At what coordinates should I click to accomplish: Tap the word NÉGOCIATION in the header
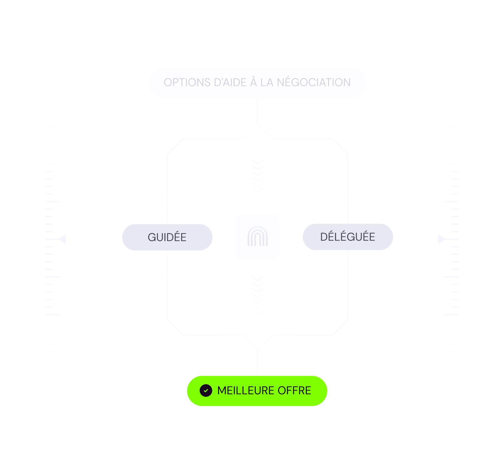pos(314,83)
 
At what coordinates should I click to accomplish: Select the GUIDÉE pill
pos(167,237)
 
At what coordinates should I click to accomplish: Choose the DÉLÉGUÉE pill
pos(348,237)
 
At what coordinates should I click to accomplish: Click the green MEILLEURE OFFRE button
pos(257,391)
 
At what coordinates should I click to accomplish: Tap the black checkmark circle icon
pos(206,391)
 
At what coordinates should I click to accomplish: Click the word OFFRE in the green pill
pos(294,391)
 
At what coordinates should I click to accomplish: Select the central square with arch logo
pos(258,237)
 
